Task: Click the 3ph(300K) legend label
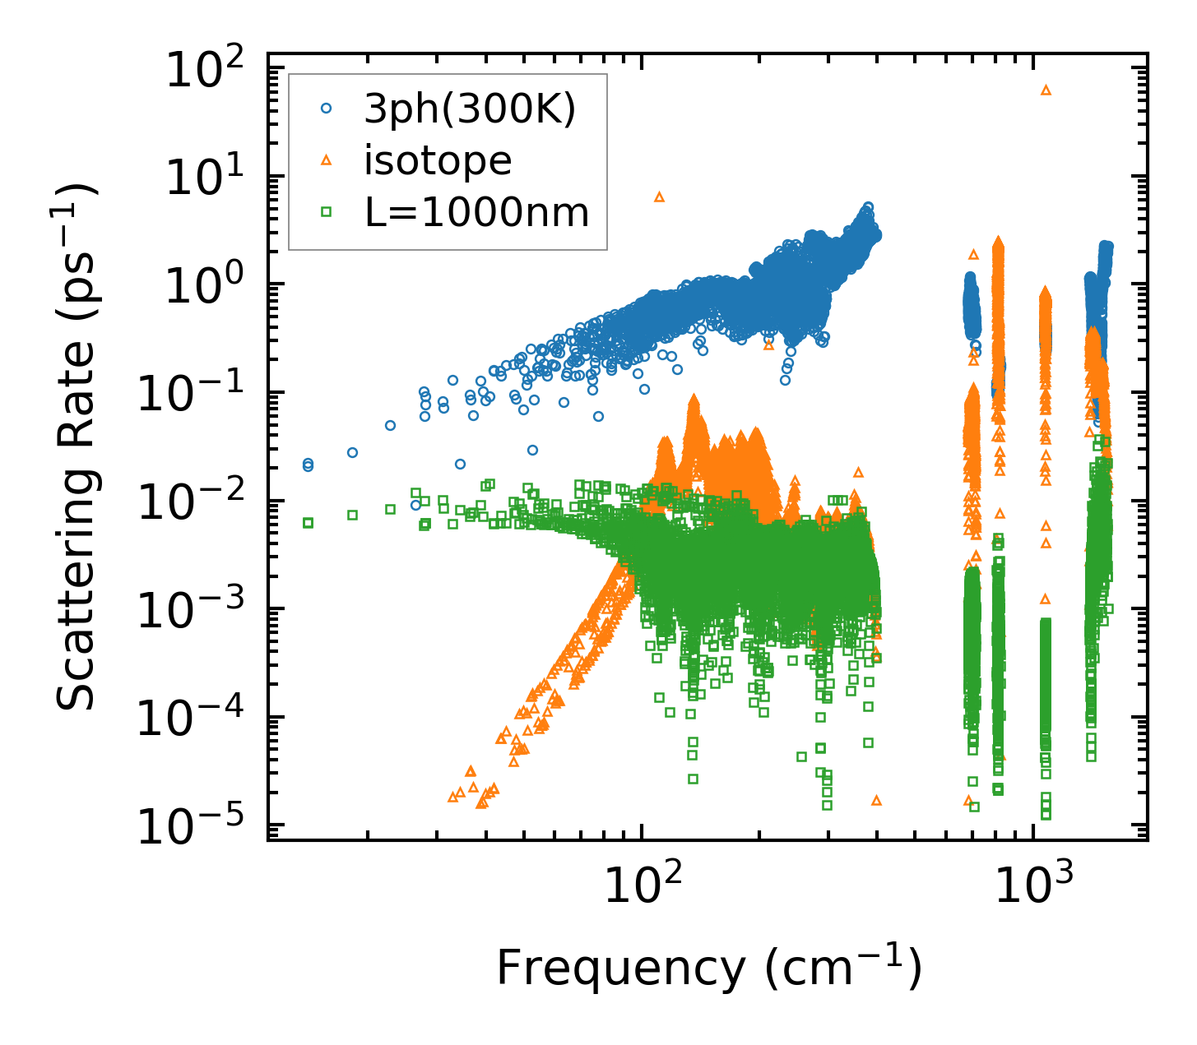470,109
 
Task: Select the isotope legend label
438,161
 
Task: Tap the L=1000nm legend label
476,213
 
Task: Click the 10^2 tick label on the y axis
209,70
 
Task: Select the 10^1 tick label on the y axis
209,178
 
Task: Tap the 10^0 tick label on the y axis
209,287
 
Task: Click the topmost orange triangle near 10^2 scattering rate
1046,90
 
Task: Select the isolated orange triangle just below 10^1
659,197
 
